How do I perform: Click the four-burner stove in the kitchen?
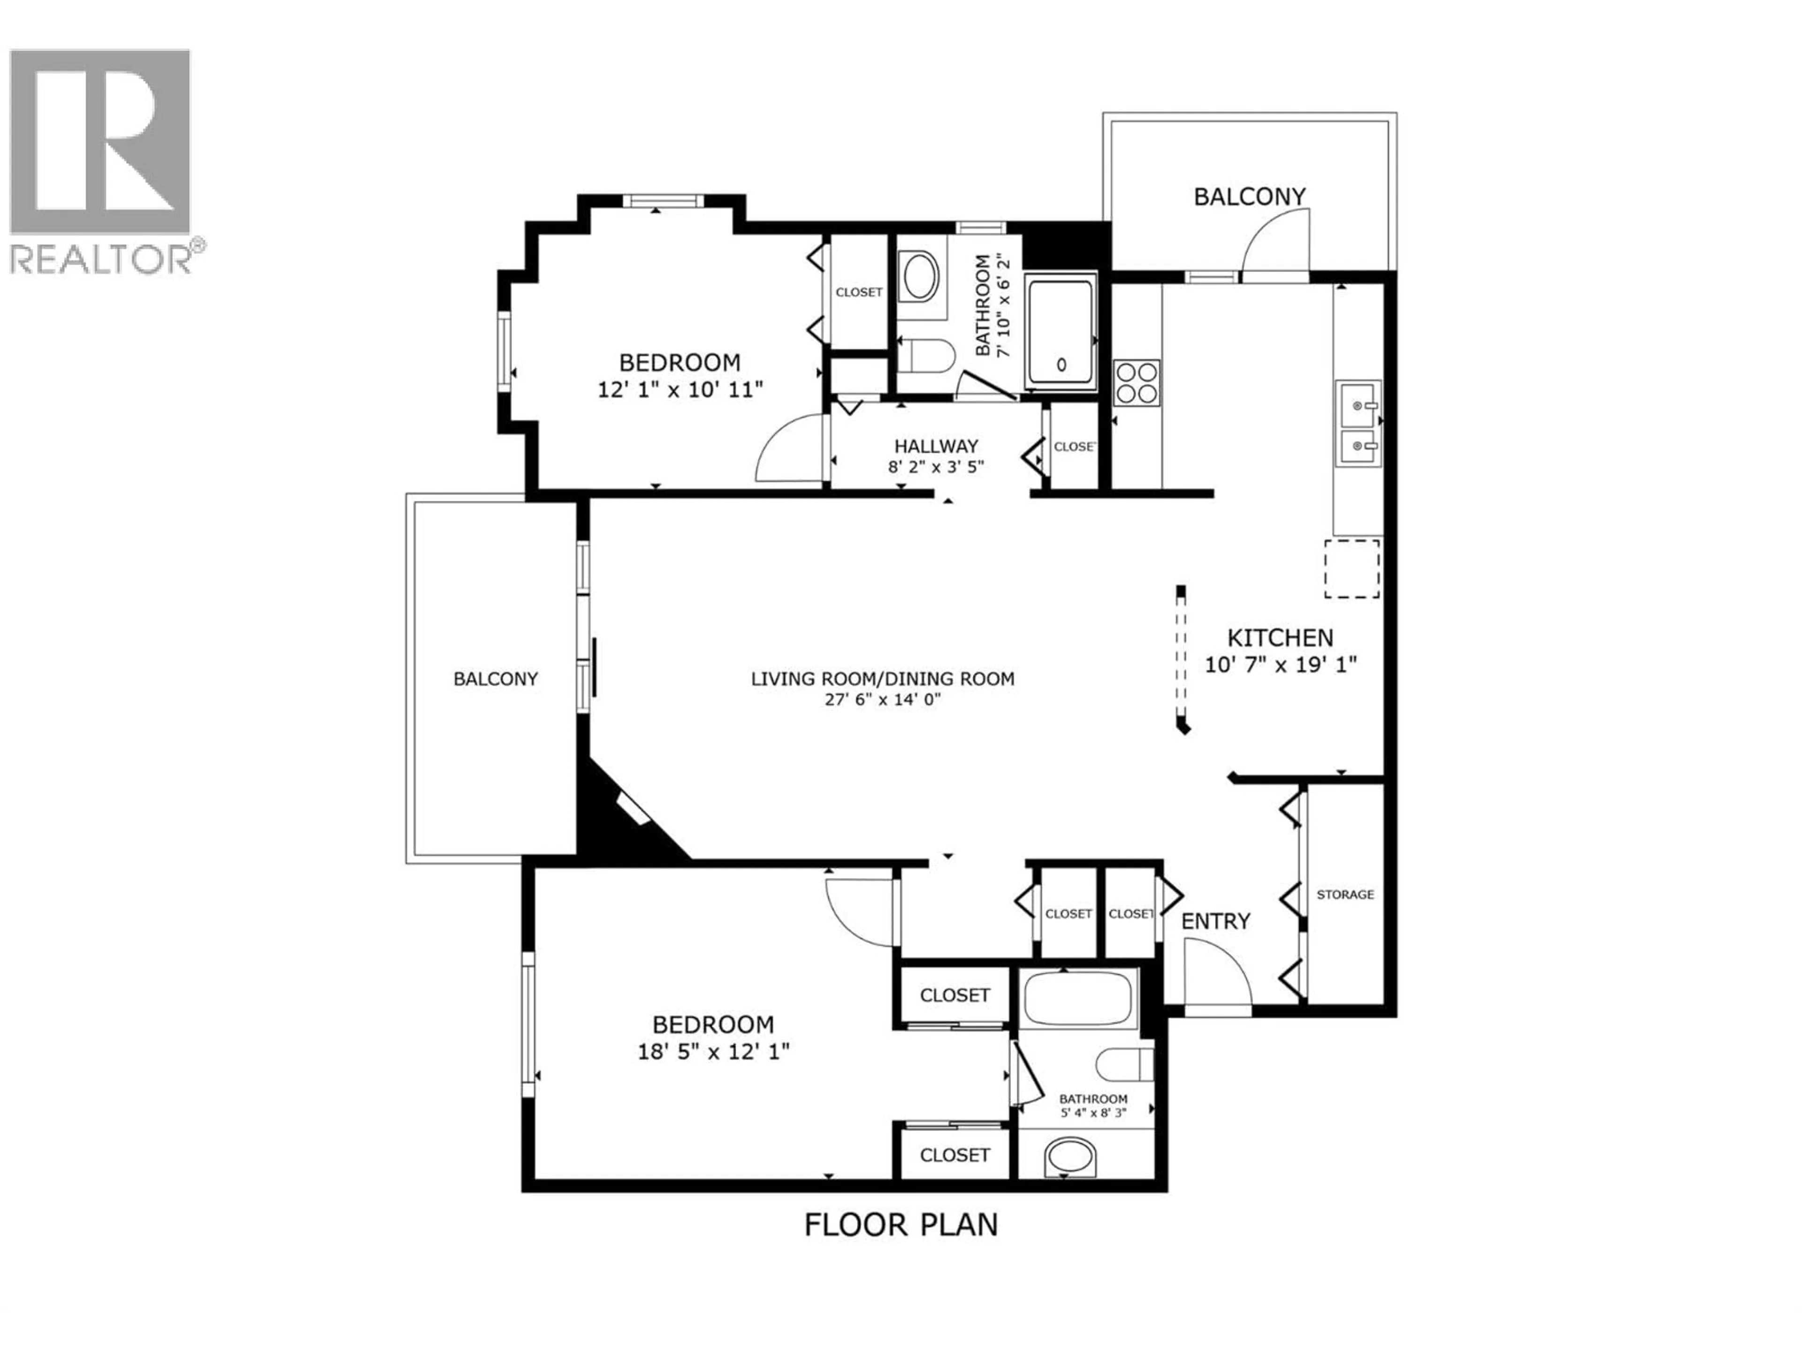click(1137, 383)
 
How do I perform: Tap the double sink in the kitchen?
click(1358, 424)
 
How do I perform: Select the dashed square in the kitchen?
click(1351, 569)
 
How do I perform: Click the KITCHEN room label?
click(1281, 638)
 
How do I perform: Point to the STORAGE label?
click(1345, 894)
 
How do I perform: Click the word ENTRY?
click(1215, 921)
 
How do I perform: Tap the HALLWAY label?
click(936, 446)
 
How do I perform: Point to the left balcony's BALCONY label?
click(495, 678)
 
